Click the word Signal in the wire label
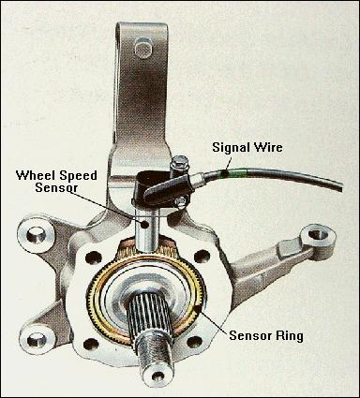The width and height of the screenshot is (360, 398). coord(231,147)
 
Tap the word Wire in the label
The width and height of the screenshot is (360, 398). coord(267,147)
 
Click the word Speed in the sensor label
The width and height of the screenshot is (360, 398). coord(76,176)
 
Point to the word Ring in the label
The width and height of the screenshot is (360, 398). coord(290,336)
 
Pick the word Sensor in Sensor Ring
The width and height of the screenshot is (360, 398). coord(251,335)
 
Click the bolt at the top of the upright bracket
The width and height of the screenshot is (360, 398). coord(143,48)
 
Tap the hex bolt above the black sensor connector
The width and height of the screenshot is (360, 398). coord(179,163)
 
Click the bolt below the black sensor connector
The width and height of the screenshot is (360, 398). coord(181,202)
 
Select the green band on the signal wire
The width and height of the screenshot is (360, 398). coord(236,173)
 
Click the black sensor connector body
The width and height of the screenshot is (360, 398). coord(166,191)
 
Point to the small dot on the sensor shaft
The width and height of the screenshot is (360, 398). coord(144,224)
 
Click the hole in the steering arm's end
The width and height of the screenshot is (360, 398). coord(316,233)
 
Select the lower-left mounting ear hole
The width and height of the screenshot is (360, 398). coord(37,339)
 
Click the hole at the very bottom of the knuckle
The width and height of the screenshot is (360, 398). coord(158,376)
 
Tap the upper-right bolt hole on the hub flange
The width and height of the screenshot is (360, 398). coord(202,257)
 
